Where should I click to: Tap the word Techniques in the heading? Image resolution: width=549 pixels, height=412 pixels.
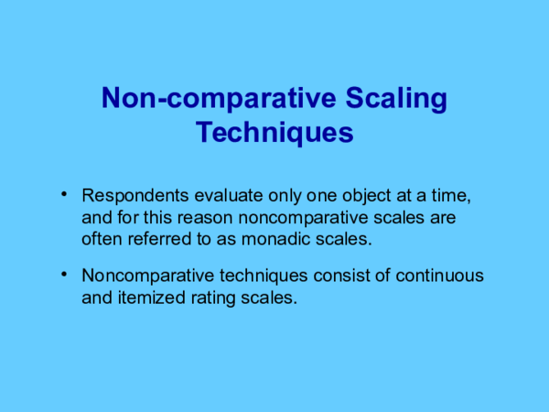click(274, 132)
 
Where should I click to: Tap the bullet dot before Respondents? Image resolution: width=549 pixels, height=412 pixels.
click(64, 195)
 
